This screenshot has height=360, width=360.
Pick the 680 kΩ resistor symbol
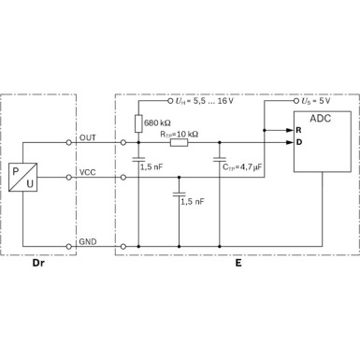[138, 122]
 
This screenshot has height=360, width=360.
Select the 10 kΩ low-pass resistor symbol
[179, 142]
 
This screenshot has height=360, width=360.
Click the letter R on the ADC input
[298, 129]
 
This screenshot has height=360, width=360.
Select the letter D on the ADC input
[298, 142]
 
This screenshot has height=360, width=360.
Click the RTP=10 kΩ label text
[180, 133]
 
